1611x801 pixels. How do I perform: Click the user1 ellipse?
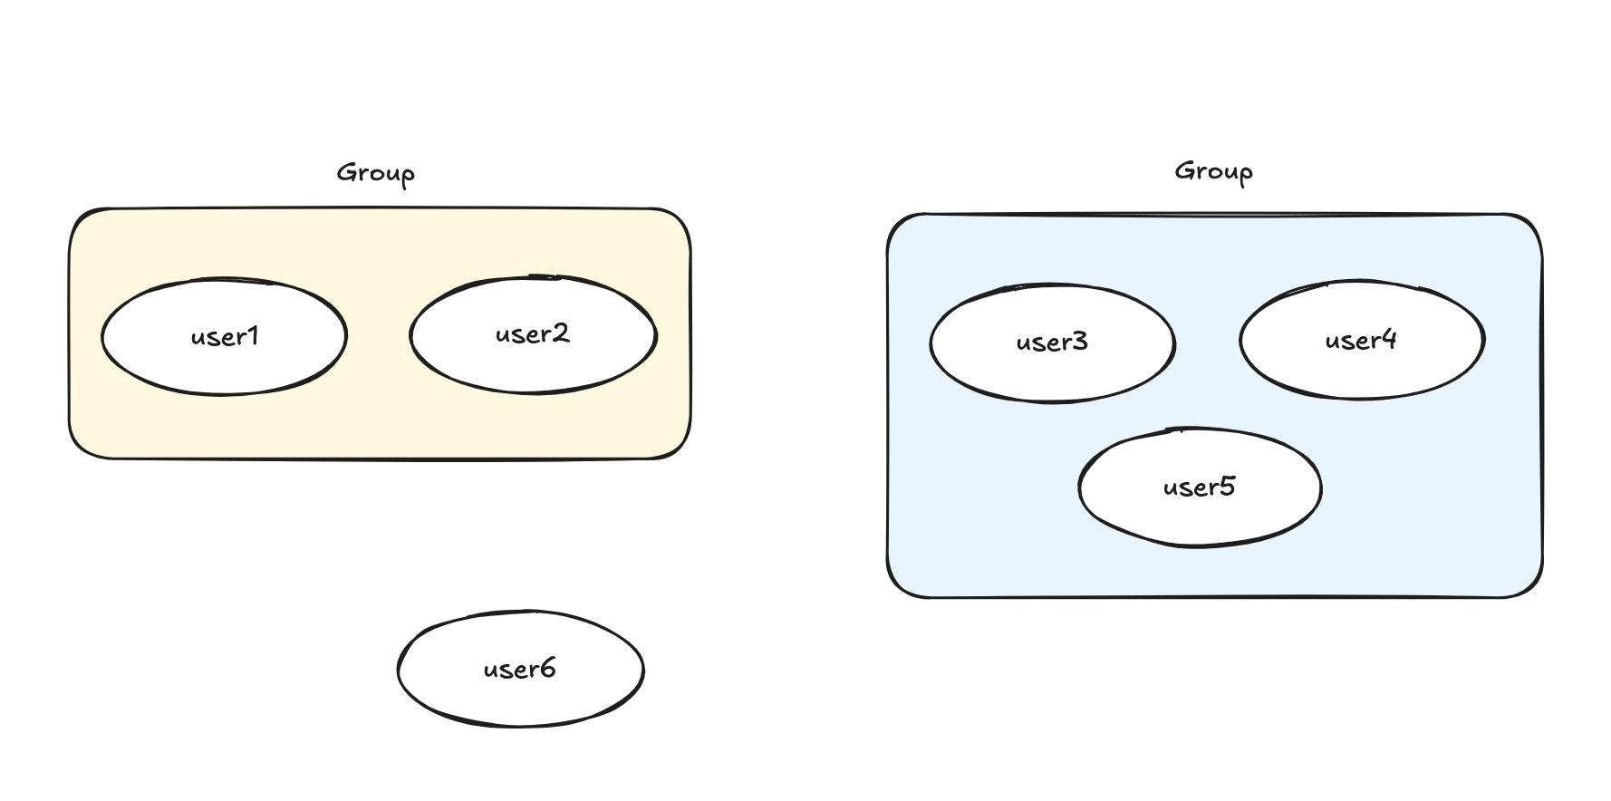224,336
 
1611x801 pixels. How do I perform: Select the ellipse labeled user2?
533,334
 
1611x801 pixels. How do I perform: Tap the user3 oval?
1052,343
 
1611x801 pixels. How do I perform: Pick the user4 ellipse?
1361,340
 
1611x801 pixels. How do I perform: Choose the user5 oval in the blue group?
1200,487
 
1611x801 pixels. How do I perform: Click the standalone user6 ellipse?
520,670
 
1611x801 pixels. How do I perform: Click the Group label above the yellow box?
375,173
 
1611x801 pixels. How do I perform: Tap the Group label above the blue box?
1213,171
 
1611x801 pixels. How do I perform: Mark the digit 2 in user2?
562,333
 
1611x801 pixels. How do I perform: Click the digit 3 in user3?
1080,342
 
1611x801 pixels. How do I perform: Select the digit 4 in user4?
1389,340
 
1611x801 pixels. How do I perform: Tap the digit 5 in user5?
1228,487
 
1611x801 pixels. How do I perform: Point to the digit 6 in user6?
547,669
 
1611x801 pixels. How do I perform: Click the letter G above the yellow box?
345,172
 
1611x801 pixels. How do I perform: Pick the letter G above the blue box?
1183,170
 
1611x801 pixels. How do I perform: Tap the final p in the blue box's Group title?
1246,174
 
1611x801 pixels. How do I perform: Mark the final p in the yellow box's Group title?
408,176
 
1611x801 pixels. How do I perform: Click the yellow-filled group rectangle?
379,426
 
